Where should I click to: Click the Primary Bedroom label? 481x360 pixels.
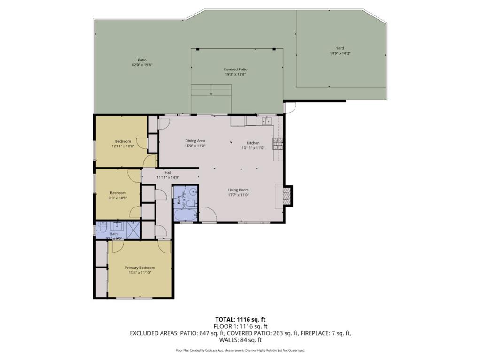click(x=140, y=268)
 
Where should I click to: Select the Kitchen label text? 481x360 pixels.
click(x=253, y=143)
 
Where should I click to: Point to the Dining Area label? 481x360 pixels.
click(x=195, y=140)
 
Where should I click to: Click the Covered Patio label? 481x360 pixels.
click(x=235, y=69)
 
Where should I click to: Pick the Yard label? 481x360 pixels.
click(x=340, y=48)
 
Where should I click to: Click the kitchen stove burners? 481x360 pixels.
click(x=279, y=143)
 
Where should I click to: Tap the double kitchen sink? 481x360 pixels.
click(x=266, y=121)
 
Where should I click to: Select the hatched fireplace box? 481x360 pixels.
click(x=287, y=196)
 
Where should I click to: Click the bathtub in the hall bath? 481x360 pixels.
click(x=186, y=215)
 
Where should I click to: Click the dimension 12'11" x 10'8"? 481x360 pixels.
click(x=123, y=146)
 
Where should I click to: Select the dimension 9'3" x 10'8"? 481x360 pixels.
click(x=117, y=198)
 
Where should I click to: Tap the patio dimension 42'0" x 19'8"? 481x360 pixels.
click(x=142, y=65)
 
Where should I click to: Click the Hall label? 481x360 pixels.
click(x=168, y=173)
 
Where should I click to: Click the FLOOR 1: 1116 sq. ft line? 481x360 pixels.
click(x=240, y=326)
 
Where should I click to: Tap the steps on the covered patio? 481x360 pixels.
click(x=211, y=90)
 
